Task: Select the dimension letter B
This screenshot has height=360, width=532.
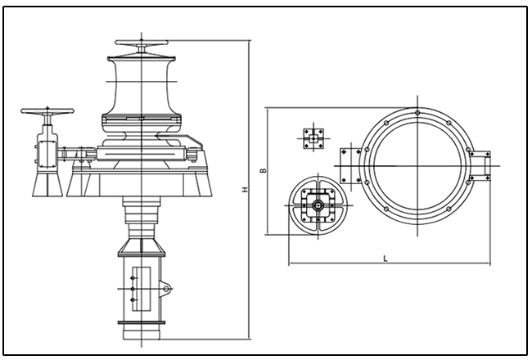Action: pos(262,171)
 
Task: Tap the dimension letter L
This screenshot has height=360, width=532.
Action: pos(384,259)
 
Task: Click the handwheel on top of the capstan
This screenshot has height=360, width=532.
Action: pos(142,43)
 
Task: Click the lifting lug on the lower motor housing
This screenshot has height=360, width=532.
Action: pos(167,288)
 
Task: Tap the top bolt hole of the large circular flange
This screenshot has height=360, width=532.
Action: pos(418,112)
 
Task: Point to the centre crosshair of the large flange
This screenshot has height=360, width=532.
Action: pos(418,166)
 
